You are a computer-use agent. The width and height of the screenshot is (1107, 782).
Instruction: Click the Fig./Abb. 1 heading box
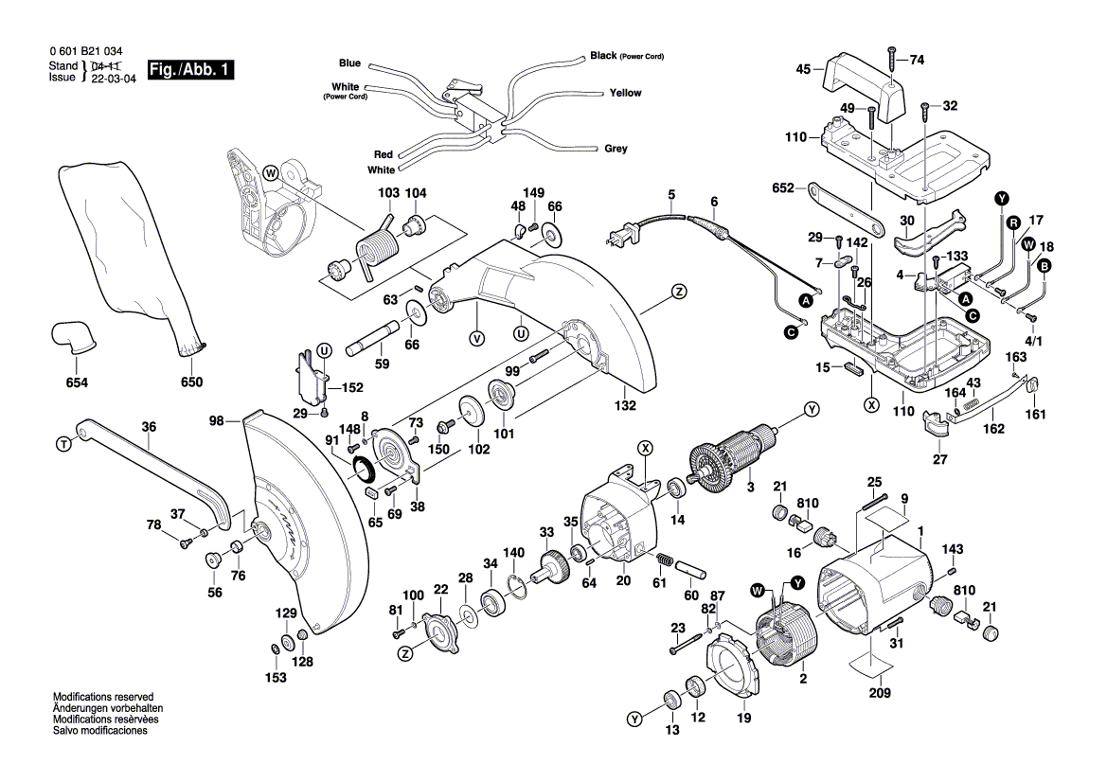(x=189, y=70)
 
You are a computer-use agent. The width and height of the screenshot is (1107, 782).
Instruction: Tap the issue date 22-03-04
(x=114, y=79)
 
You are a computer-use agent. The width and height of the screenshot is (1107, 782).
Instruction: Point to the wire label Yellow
(x=625, y=93)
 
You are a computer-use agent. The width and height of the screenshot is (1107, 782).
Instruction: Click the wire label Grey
(x=616, y=149)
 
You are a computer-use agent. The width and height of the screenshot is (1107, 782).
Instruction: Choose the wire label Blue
(x=349, y=63)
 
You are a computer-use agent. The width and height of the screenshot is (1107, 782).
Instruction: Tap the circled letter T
(x=63, y=444)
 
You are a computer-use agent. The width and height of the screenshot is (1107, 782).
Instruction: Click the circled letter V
(x=476, y=337)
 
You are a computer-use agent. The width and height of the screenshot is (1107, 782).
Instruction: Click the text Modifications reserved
(x=102, y=697)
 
